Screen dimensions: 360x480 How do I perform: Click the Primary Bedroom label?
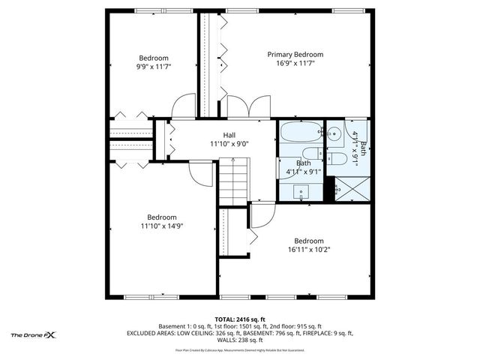point(295,55)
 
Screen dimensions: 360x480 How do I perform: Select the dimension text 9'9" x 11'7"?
point(153,67)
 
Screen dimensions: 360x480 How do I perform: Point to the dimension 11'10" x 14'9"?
point(161,226)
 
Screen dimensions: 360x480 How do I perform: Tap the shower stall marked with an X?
point(352,187)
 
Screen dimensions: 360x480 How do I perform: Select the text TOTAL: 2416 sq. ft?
point(240,319)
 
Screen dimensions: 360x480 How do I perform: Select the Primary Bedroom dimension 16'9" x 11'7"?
point(295,64)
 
